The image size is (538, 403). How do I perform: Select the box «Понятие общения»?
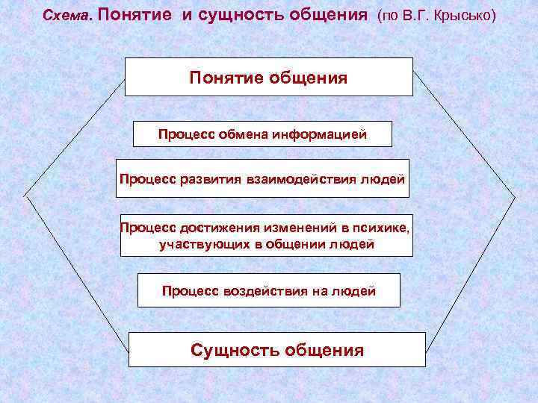(268, 77)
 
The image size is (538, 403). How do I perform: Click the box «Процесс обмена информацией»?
(251, 135)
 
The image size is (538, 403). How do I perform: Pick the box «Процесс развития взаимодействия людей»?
(262, 178)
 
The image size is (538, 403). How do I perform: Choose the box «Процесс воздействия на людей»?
(269, 290)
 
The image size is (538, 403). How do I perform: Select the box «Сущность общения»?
(277, 349)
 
